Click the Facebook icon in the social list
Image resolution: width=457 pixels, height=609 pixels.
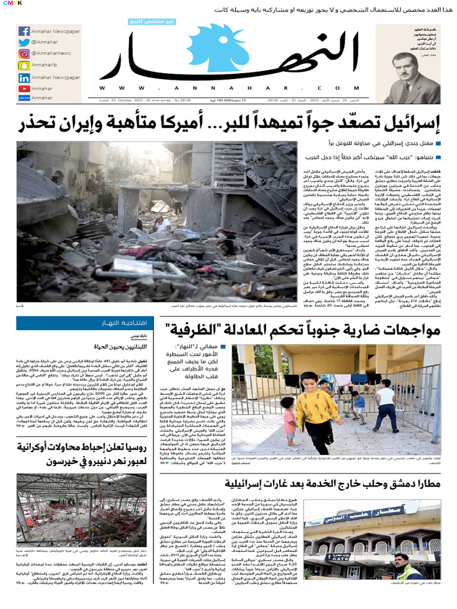click(24, 31)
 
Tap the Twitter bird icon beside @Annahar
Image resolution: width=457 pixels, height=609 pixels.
click(24, 42)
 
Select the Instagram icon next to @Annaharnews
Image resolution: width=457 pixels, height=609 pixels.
click(24, 54)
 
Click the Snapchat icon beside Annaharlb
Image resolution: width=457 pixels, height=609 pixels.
click(24, 65)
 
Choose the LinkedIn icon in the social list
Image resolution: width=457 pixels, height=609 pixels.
click(24, 77)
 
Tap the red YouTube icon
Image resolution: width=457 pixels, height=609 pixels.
click(24, 89)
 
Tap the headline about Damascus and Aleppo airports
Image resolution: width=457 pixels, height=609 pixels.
click(324, 484)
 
